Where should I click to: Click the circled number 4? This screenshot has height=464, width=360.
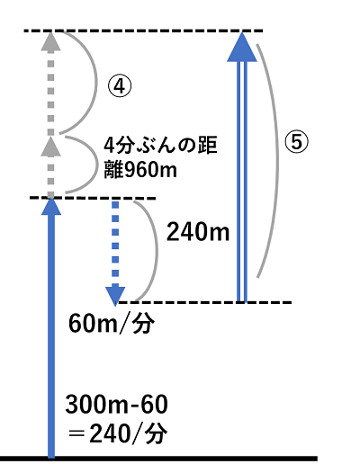click(120, 86)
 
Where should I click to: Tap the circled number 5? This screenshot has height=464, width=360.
click(296, 142)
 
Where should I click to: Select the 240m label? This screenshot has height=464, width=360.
click(198, 232)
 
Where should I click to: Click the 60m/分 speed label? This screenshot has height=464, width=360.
click(112, 324)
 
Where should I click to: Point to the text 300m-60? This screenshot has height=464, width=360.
click(116, 405)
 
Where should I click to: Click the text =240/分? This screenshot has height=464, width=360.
click(117, 434)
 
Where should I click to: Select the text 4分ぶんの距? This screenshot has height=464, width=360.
click(160, 146)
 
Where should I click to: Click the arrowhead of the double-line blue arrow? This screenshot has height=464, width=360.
click(242, 47)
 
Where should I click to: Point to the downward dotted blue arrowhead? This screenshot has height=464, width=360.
click(115, 296)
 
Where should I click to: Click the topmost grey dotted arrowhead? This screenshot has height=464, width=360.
click(51, 41)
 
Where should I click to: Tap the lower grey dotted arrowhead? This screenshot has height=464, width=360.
click(51, 147)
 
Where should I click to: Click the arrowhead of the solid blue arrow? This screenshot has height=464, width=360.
click(51, 207)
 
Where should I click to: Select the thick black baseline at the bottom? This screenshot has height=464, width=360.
click(159, 459)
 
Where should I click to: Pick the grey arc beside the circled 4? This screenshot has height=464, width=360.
click(96, 83)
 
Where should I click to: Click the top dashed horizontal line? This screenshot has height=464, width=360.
click(143, 31)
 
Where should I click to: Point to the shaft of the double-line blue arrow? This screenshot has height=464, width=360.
click(242, 182)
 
